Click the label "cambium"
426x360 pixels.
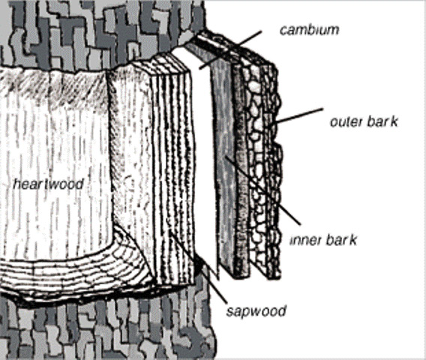310,30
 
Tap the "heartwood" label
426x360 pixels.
48,184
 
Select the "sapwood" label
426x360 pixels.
256,311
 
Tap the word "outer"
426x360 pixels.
346,121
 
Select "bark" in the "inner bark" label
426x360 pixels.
341,240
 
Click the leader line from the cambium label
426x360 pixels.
230,50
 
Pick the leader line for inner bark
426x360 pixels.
263,190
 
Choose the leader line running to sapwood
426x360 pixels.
198,266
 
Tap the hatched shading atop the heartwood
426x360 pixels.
54,87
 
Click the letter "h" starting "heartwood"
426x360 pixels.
16,184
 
